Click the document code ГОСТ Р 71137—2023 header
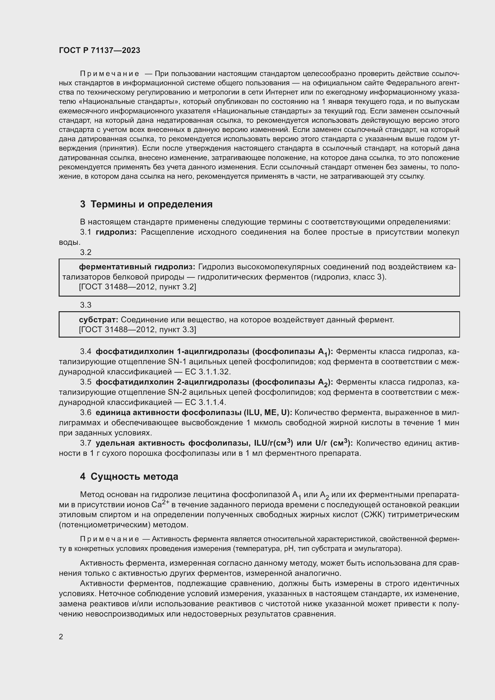tap(99, 50)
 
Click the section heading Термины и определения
tap(151, 204)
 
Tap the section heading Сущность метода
tap(134, 476)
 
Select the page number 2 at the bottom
tap(61, 637)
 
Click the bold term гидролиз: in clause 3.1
tap(116, 232)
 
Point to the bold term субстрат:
tap(98, 320)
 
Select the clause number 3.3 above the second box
tap(86, 305)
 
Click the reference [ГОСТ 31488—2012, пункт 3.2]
tap(137, 287)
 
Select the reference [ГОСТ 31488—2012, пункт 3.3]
tap(137, 329)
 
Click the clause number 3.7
tap(86, 443)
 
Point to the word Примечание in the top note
tap(110, 74)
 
